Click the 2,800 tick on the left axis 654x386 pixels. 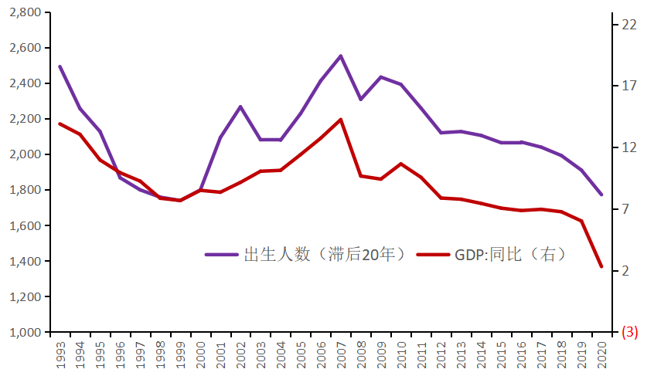(25, 12)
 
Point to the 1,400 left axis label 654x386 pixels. (25, 262)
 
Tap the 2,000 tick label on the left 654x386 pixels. (25, 154)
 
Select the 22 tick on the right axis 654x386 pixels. (628, 25)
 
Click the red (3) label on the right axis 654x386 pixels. (629, 333)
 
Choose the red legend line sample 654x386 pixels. (432, 254)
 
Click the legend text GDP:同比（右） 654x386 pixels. (510, 254)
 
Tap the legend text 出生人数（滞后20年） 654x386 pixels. (325, 254)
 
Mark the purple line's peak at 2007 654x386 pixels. (341, 56)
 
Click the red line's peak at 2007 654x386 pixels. (341, 120)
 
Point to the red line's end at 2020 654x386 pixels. (601, 266)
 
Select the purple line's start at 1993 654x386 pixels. (60, 66)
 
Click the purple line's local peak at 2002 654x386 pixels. (240, 107)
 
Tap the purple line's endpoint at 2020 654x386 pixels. (601, 195)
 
